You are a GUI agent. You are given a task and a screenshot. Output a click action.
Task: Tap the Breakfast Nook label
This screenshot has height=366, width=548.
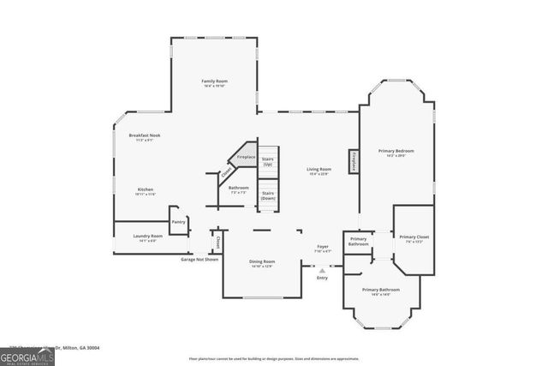click(x=145, y=136)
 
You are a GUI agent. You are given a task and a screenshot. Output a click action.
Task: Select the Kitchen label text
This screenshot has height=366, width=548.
click(x=146, y=190)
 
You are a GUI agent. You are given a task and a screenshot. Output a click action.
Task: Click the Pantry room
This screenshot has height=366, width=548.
click(x=178, y=221)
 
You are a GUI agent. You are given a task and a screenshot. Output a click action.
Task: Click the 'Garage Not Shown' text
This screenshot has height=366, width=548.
click(x=200, y=259)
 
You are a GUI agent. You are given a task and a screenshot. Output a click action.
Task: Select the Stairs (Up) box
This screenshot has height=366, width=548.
click(x=267, y=160)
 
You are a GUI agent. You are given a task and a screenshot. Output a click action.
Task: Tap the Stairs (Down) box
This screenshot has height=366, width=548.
click(x=267, y=195)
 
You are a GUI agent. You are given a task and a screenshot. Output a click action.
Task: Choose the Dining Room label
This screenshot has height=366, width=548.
click(x=262, y=262)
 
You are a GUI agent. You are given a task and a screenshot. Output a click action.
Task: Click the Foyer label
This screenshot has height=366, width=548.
click(x=322, y=249)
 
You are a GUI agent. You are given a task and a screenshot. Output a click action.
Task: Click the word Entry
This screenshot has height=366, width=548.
click(x=322, y=278)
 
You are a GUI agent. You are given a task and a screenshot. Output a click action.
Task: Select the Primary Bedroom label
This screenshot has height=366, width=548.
click(x=396, y=153)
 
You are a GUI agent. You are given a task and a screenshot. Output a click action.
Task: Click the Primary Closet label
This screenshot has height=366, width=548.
click(x=414, y=238)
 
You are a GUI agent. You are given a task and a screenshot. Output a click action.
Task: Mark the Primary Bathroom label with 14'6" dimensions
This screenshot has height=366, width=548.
click(x=381, y=291)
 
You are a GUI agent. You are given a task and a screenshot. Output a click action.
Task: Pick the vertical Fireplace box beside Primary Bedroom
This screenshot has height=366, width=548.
click(x=352, y=161)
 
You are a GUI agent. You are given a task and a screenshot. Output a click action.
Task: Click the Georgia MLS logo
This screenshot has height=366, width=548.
click(x=27, y=357)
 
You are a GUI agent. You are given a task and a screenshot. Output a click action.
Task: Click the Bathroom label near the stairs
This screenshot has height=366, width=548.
click(x=238, y=189)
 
